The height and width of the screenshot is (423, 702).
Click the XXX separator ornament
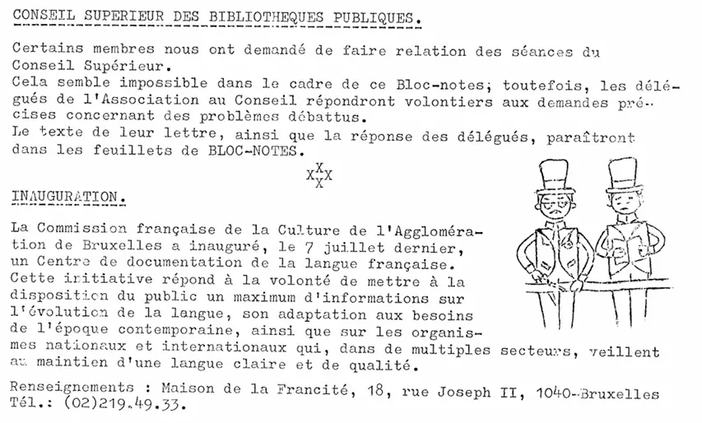(x=318, y=174)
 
